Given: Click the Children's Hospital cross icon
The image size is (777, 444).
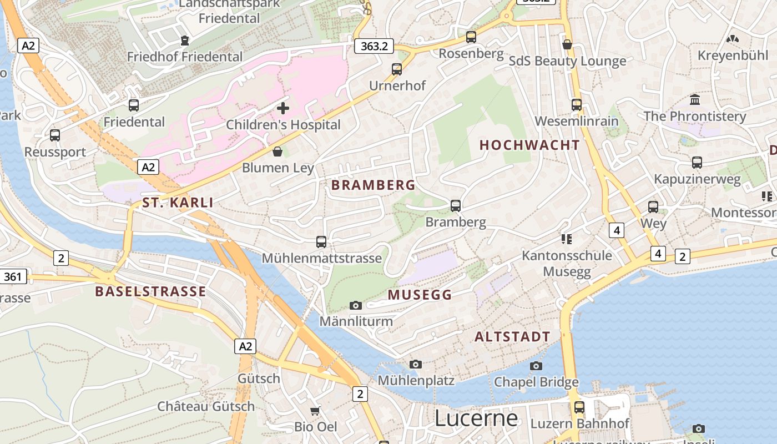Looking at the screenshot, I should click(x=283, y=108).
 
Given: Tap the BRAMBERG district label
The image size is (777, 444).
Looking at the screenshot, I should click(x=373, y=185).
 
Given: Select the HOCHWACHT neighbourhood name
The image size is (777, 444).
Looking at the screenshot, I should click(x=529, y=145).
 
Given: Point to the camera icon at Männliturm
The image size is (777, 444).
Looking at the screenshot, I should click(x=356, y=305).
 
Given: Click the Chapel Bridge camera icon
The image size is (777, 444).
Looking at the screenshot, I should click(x=536, y=366).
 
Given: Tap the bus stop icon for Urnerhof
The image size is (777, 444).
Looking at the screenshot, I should click(x=397, y=69).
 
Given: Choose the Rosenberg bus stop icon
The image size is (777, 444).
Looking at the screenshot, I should click(x=471, y=37).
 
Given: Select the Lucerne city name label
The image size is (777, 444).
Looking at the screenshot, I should click(x=476, y=418).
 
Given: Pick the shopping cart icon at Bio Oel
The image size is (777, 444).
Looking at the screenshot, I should click(x=315, y=411).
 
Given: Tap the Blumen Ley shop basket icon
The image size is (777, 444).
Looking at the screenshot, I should click(x=277, y=152).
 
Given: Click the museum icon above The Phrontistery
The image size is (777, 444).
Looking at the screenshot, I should click(x=694, y=100).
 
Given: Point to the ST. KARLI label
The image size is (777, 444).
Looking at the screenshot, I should click(x=178, y=203).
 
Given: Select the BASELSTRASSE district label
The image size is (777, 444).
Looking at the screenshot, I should click(x=150, y=291).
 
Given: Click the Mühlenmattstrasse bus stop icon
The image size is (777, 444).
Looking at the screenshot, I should click(x=321, y=242).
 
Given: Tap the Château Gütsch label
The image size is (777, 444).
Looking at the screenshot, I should click(x=206, y=406).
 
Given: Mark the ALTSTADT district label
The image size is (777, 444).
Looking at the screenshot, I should click(x=512, y=336).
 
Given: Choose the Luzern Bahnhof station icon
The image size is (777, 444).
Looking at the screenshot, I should click(x=579, y=407).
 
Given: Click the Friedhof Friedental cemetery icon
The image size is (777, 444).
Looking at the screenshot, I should click(x=184, y=41).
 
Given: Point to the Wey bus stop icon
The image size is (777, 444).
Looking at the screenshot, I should click(x=653, y=207).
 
